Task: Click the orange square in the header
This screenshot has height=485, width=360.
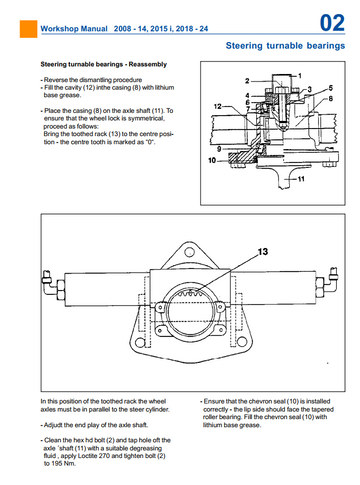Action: coord(28,29)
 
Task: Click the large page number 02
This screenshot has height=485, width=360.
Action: coord(332,23)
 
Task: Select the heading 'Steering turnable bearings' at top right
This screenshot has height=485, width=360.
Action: coord(285,46)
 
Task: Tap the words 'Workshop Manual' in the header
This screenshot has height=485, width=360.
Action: coord(74,29)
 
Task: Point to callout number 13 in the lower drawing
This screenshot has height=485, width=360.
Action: coord(263,252)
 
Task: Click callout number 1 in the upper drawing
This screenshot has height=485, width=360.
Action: coord(300,76)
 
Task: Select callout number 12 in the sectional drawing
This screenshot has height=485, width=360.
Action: coord(217,106)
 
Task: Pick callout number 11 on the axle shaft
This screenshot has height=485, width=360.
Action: coord(301,179)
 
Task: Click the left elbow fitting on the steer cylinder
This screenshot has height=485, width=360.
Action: coord(49,283)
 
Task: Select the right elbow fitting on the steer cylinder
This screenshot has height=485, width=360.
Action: coord(331,279)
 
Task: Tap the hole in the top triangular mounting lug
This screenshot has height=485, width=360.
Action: coord(190,252)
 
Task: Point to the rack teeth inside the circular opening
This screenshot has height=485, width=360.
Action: coord(190,294)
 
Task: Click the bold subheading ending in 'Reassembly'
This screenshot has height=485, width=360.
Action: coord(104,64)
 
